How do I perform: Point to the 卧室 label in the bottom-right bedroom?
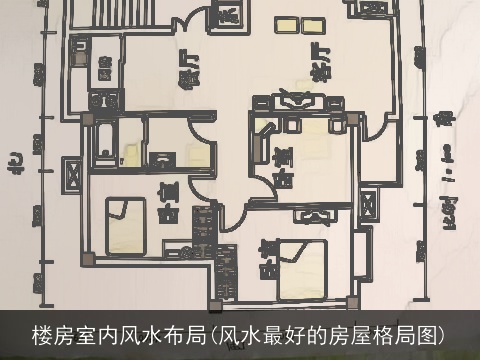(267, 257)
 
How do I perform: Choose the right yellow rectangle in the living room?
(314, 22)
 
